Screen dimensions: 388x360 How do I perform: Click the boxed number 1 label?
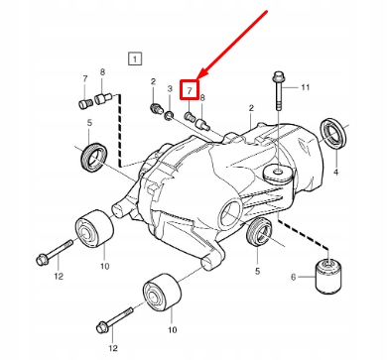[x=135, y=60]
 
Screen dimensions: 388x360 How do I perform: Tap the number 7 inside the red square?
[x=190, y=90]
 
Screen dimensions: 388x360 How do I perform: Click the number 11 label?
[x=305, y=87]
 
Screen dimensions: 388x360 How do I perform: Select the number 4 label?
[x=336, y=172]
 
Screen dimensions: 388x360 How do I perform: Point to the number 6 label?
[x=294, y=277]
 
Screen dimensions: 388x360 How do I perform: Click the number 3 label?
[x=170, y=88]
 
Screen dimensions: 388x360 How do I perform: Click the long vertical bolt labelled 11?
[x=279, y=92]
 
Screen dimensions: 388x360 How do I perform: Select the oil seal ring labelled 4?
[x=333, y=132]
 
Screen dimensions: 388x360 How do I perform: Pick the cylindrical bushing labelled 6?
[x=328, y=277]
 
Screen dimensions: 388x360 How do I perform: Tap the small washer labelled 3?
[x=170, y=116]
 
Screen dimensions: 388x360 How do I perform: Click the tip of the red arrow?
[x=196, y=80]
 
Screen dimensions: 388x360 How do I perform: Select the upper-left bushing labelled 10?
[x=95, y=228]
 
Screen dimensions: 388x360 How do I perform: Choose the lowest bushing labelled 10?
[x=162, y=293]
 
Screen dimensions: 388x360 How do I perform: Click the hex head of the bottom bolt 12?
[x=102, y=328]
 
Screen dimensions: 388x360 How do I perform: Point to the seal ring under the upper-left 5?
[x=94, y=157]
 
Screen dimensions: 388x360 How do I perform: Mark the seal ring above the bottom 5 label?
[x=260, y=232]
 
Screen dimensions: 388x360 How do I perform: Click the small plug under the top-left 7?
[x=84, y=104]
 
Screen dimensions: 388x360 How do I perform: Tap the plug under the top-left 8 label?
[x=102, y=98]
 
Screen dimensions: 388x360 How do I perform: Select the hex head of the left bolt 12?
[x=42, y=260]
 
